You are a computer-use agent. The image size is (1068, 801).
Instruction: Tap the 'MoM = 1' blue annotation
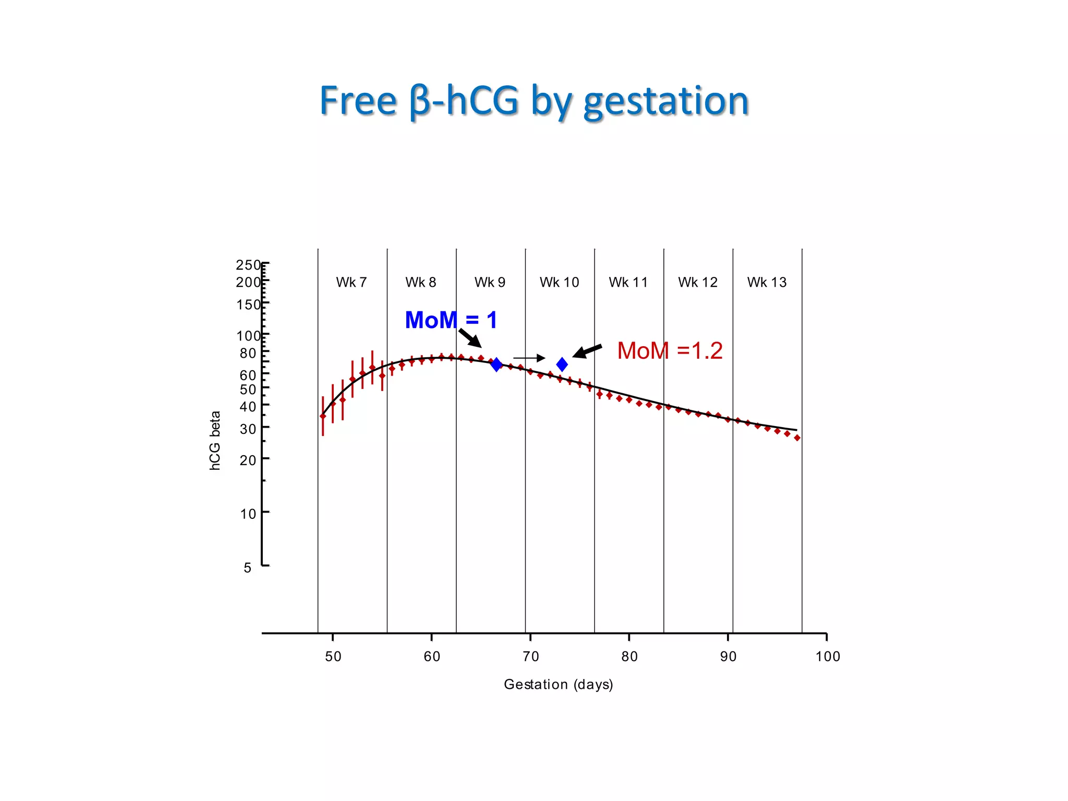(451, 320)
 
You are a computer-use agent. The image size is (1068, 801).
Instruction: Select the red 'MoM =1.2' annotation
(670, 351)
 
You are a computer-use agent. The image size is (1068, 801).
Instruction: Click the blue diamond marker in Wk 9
(496, 365)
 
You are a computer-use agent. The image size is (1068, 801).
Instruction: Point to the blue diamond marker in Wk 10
(562, 365)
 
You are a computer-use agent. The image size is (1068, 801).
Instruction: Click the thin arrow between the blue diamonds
(529, 358)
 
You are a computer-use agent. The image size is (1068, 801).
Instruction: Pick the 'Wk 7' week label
(351, 283)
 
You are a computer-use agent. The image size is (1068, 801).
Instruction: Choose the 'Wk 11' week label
(628, 283)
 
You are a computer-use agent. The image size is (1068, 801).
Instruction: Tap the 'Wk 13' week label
(767, 283)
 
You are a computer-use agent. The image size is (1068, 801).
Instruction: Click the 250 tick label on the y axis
(248, 265)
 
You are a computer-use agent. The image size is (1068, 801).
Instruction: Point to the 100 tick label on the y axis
(248, 336)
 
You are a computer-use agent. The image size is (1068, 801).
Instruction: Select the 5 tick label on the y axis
(248, 567)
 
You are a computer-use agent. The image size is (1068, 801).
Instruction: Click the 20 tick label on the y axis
(248, 460)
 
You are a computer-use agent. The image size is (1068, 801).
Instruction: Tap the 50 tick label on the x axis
(333, 657)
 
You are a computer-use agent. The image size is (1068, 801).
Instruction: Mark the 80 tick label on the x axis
(629, 657)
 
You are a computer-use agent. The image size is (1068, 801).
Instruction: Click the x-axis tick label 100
(828, 657)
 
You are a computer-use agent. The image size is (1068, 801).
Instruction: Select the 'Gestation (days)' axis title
(558, 685)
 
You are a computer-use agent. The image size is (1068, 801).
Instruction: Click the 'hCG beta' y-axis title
(215, 441)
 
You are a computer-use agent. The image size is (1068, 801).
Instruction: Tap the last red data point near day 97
(797, 438)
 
